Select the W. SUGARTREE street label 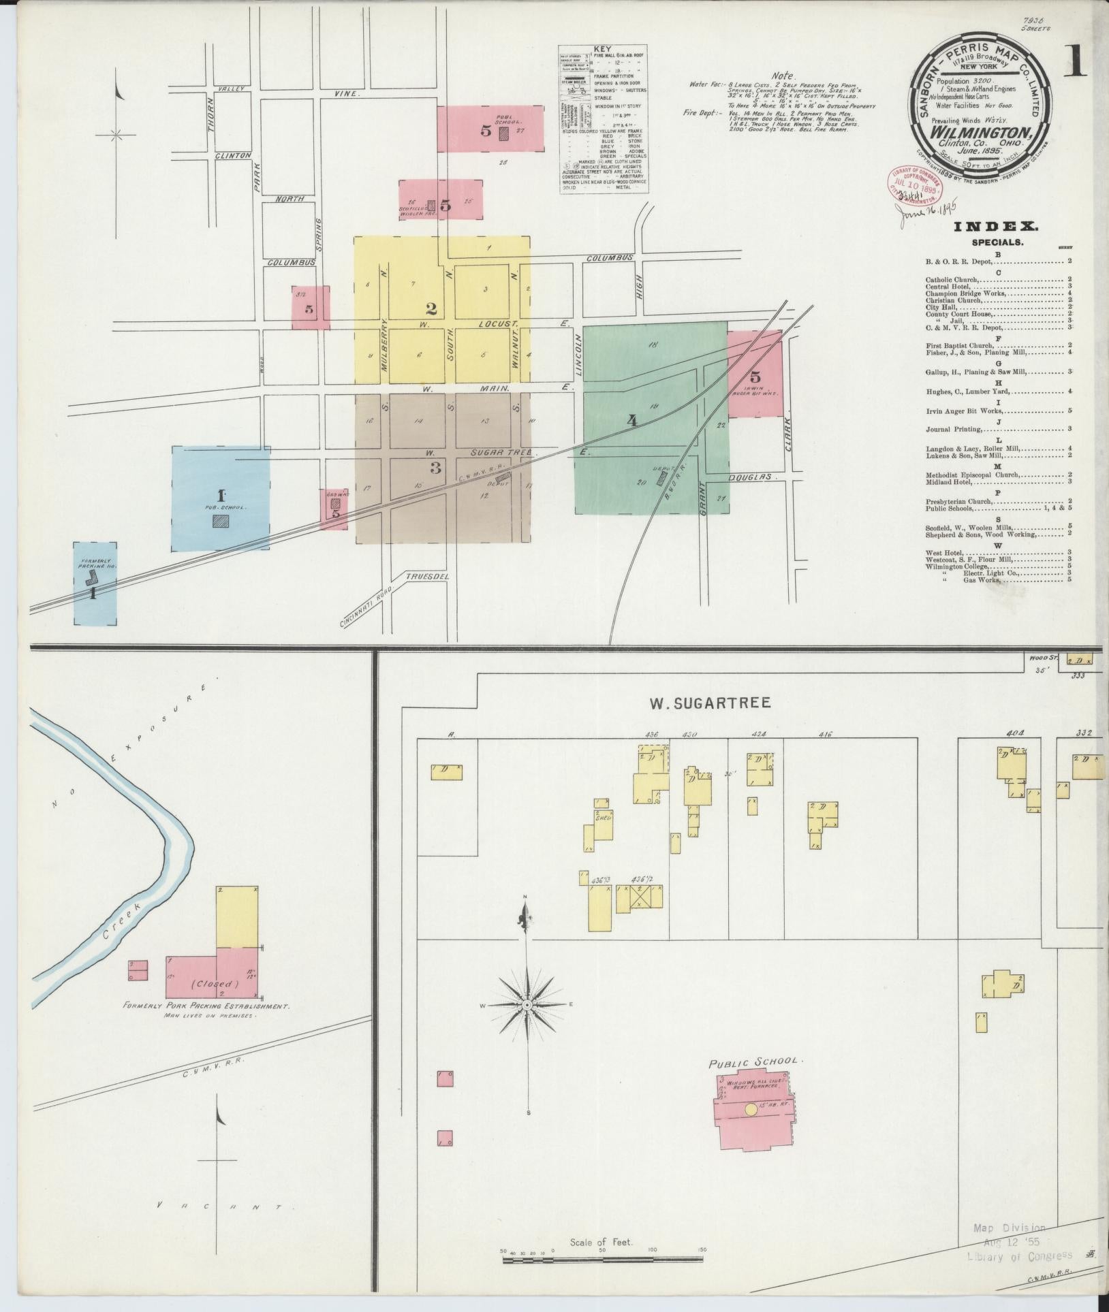tap(709, 703)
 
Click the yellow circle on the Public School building tap(750, 1109)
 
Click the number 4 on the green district tap(632, 421)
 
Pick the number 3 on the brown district tap(435, 468)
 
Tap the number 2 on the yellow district tap(431, 307)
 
